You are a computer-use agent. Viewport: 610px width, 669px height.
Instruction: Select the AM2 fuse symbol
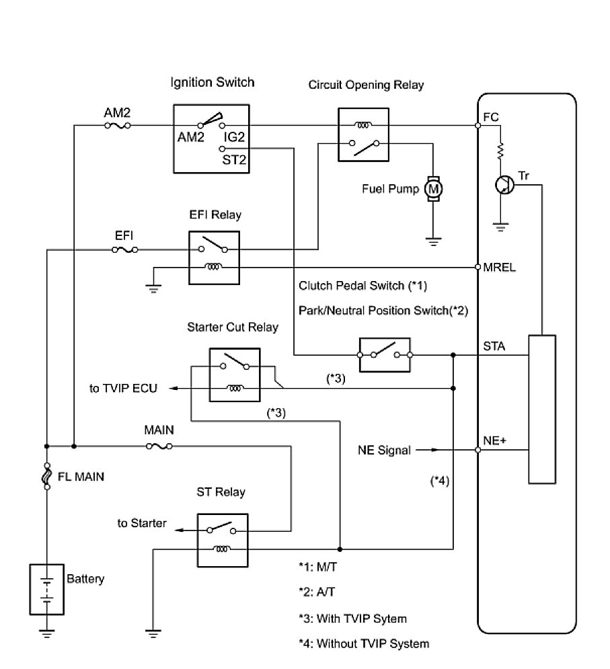point(118,125)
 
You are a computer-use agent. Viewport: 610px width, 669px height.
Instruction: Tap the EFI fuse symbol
point(126,249)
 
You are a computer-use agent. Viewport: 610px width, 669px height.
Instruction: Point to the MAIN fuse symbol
point(159,445)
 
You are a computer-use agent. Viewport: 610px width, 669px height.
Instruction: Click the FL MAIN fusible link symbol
point(47,477)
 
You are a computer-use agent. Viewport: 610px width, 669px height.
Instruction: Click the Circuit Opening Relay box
point(363,134)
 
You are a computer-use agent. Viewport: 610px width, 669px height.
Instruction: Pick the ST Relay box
point(223,539)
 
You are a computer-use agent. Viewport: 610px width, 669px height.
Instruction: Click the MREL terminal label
point(498,267)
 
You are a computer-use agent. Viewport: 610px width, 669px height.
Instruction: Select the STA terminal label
point(494,347)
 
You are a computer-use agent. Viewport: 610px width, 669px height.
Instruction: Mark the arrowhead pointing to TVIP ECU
point(173,389)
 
